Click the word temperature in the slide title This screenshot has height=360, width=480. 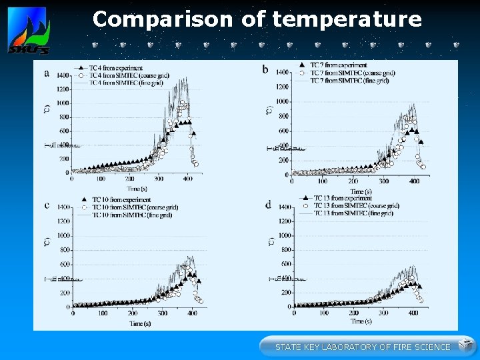tap(347, 19)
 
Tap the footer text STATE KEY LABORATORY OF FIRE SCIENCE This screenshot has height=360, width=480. tap(363, 347)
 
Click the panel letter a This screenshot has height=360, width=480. tap(46, 73)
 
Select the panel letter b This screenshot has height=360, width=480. tap(265, 69)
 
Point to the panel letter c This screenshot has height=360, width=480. tap(46, 205)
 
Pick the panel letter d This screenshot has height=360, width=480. tap(267, 205)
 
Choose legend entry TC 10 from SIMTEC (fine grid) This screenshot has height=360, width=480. tap(127, 213)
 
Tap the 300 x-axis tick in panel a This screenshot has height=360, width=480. tap(159, 179)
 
